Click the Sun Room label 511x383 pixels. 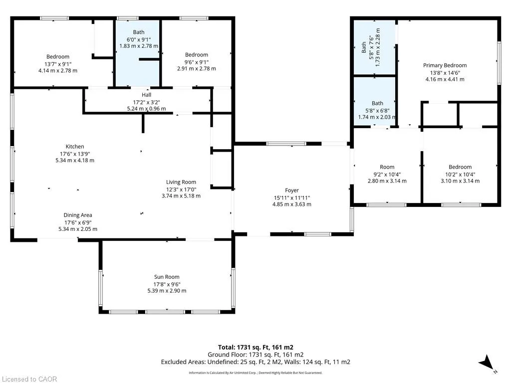[167, 277]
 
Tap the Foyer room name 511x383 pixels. [291, 191]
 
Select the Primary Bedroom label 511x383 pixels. [445, 65]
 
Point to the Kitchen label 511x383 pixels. [75, 147]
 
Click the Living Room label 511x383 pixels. [181, 183]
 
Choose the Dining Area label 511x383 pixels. [77, 215]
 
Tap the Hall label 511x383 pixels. [146, 95]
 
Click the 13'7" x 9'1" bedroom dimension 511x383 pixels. [58, 64]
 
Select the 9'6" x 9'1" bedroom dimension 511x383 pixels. [197, 62]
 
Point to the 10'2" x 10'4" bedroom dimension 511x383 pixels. [460, 175]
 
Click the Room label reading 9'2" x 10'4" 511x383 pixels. [387, 167]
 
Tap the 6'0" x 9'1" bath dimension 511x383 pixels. [139, 39]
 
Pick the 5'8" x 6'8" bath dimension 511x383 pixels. [377, 110]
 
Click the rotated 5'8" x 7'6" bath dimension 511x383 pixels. [371, 47]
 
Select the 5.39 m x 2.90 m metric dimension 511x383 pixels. [167, 291]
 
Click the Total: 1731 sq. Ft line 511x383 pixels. [255, 348]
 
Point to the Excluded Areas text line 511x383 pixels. [255, 362]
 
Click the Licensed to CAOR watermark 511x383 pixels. [28, 379]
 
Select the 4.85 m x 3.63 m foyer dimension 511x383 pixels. [291, 204]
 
